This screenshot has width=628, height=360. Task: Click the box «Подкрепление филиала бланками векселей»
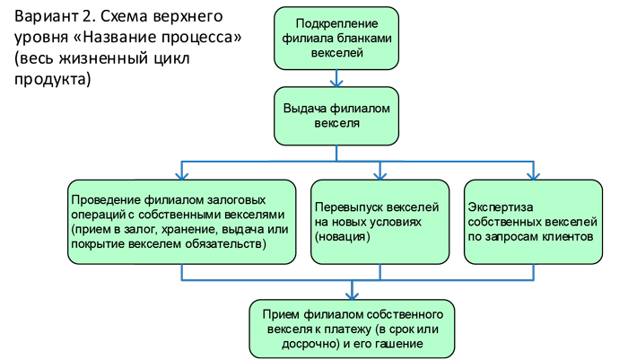[336, 40]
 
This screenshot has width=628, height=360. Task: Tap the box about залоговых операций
[182, 222]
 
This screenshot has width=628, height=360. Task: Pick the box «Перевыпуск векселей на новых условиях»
[379, 222]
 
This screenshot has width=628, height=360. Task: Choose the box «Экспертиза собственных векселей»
[532, 222]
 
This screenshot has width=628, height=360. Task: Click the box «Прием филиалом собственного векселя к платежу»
[352, 328]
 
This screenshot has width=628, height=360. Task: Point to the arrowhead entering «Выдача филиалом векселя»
[336, 83]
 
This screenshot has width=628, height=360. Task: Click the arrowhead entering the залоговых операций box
[182, 175]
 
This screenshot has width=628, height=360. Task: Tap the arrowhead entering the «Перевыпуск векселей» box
[379, 175]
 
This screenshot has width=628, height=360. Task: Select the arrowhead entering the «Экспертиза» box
[532, 175]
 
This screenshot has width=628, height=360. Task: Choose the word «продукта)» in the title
[52, 79]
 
